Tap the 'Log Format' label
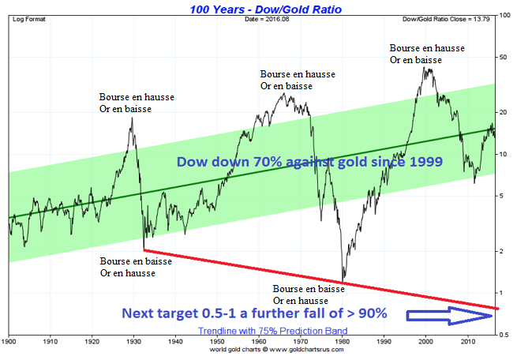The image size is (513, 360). (27, 18)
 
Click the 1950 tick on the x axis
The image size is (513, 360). (218, 343)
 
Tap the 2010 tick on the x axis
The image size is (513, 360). (468, 343)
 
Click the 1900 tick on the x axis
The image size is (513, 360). (9, 343)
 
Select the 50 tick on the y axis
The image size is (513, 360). (503, 57)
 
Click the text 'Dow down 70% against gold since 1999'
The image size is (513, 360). (309, 162)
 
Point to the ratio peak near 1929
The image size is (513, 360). (131, 118)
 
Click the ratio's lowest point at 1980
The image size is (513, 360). (343, 279)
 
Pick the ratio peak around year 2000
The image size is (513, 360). (427, 69)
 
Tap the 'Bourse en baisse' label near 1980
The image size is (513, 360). (309, 289)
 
